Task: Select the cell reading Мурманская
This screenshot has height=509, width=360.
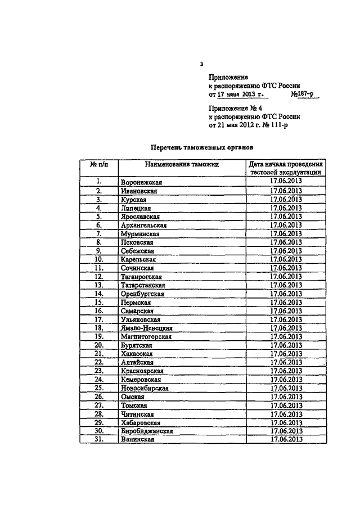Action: click(140, 233)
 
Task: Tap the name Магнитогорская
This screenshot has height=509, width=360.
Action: click(146, 336)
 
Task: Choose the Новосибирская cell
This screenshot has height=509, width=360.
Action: click(145, 388)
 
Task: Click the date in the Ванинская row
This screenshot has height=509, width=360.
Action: click(286, 439)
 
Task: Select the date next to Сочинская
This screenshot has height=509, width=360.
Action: click(286, 268)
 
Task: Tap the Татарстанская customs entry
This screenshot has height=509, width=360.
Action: click(144, 285)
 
